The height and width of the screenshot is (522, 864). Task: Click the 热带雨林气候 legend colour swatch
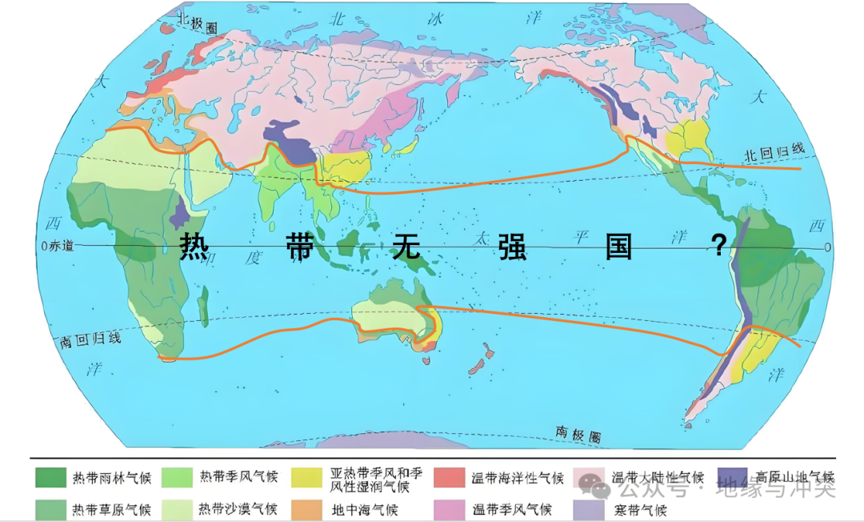coord(50,478)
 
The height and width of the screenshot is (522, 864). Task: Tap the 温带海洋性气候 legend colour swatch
coord(450,478)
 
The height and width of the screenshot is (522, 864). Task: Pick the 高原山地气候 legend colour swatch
coord(734,478)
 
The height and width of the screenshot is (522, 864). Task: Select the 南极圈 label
coord(578,433)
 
